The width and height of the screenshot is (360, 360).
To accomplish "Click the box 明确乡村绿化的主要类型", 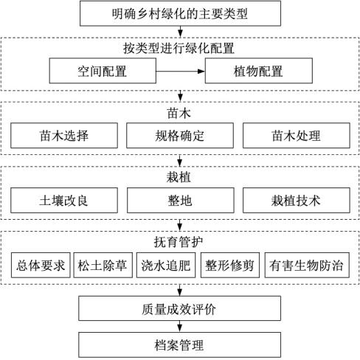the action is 180,13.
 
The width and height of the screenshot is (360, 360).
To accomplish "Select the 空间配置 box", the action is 103,71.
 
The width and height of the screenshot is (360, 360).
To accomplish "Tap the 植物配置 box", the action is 259,71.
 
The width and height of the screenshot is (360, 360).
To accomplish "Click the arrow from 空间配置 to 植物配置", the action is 181,72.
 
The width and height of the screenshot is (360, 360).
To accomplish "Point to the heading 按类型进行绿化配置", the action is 179,48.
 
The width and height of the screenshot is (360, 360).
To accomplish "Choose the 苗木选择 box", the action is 64,136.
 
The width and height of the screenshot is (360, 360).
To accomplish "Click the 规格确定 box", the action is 180,136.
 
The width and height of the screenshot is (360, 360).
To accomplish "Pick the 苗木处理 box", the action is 297,136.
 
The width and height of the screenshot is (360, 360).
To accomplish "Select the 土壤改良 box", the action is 64,200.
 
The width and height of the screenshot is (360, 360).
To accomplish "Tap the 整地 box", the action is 180,200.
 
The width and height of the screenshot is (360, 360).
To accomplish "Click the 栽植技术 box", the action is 297,200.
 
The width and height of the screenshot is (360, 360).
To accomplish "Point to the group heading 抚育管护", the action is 179,242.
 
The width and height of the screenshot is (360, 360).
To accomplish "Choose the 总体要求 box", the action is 41,265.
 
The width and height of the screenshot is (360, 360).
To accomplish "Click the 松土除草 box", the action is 103,265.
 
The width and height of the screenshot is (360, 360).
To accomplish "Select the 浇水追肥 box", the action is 166,265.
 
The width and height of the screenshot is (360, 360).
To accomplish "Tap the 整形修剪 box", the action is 230,265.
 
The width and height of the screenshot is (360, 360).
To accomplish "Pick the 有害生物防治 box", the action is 307,265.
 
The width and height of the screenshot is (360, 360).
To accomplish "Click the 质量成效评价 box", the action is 179,308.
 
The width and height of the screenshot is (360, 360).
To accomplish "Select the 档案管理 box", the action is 179,345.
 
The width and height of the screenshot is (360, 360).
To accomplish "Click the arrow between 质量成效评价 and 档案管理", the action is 180,326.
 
